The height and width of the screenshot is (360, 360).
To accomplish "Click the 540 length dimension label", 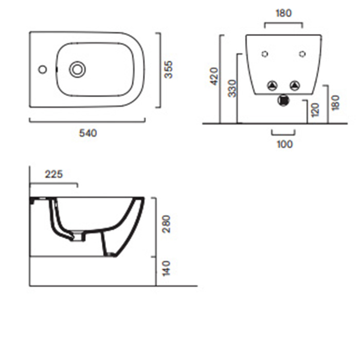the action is coord(88,133).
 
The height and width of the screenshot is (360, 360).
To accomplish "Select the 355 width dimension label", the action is coord(169,69).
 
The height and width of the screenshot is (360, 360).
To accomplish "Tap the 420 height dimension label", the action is coord(214,77).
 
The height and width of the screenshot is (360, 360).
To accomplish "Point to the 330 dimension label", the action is coord(232,88).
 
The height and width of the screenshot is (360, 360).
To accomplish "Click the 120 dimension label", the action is coord(316,110).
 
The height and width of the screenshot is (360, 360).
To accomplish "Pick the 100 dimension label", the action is coord(285,145).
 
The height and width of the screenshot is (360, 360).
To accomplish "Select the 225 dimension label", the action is coord(53,174).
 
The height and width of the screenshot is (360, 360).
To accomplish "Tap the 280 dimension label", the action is coord(167,224).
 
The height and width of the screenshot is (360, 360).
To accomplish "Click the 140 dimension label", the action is coord(167,268).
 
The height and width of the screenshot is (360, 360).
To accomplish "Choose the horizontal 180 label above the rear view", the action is coord(284,13).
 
